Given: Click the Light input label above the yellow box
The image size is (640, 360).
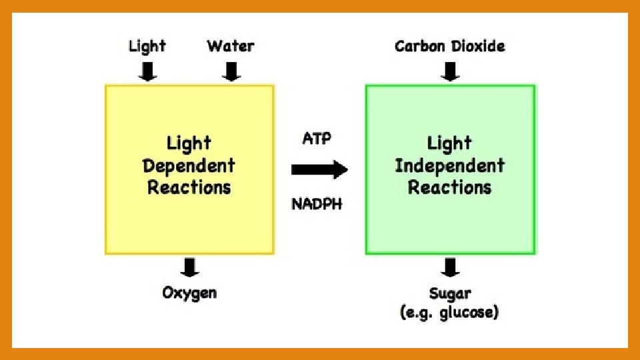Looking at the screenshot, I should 147,47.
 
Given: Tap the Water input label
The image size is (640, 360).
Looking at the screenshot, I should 231,46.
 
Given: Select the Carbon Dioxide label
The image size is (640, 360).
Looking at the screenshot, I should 450,46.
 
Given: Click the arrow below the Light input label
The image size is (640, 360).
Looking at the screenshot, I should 147,70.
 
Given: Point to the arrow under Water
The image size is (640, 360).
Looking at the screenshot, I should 231,70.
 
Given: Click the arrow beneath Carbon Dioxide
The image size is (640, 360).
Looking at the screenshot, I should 451,70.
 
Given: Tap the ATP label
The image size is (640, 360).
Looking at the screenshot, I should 317,139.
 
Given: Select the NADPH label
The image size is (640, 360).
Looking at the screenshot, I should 317,204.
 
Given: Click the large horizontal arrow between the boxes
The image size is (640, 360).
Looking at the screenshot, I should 319,170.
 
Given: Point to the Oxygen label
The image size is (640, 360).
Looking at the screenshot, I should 189,293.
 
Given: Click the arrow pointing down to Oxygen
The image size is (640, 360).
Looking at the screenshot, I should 190,267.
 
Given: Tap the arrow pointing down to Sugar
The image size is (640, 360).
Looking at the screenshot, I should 451,267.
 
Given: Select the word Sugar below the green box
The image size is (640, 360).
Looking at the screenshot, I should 450,293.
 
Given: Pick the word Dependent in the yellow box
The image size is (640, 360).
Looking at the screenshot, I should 189,165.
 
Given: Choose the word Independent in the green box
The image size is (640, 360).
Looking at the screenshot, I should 449,165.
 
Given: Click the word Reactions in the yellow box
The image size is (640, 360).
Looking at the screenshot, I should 189,187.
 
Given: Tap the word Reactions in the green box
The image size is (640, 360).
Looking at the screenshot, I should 449,187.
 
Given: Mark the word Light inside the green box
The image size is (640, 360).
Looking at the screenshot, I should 449,143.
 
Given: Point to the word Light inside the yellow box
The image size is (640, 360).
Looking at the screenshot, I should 189,143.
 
